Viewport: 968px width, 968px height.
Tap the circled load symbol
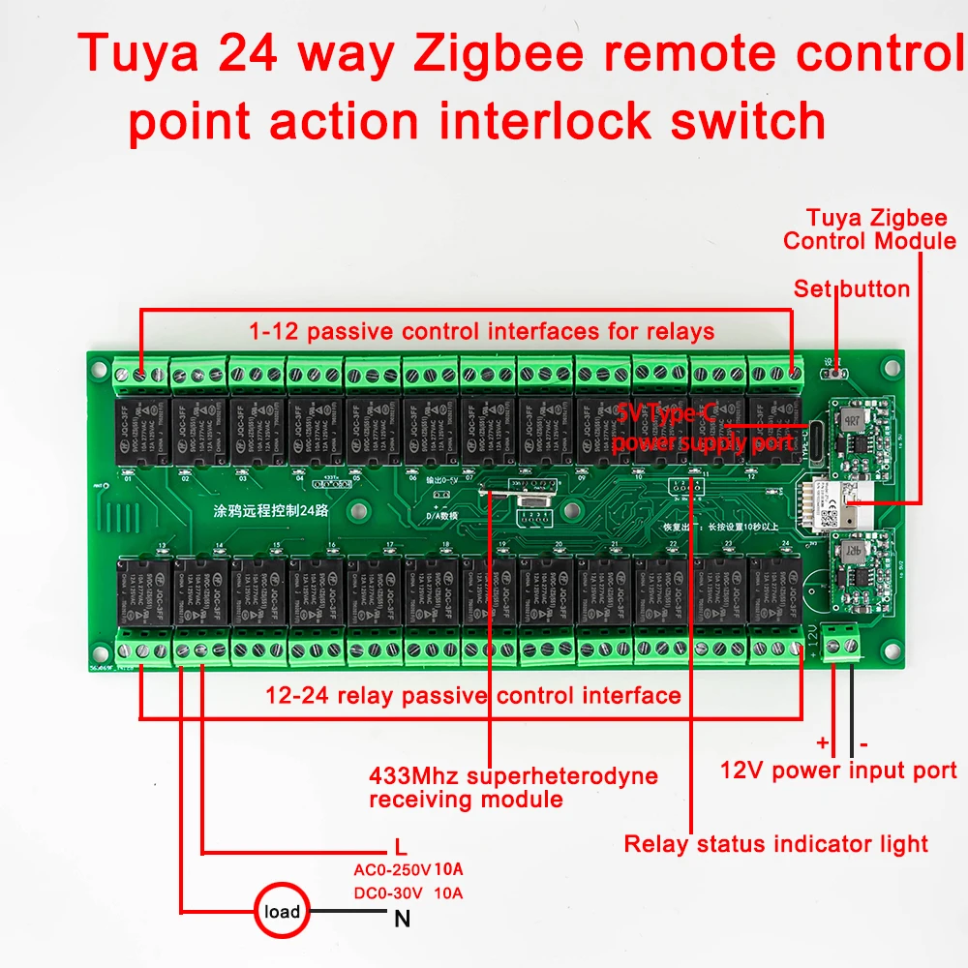(x=282, y=911)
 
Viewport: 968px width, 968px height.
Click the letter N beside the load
(x=402, y=919)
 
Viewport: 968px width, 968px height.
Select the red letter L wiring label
(x=401, y=844)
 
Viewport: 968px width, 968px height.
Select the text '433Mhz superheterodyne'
(x=513, y=775)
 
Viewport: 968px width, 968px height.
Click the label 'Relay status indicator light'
(x=775, y=844)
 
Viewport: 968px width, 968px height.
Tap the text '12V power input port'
(x=838, y=771)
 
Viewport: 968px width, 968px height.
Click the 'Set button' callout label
(x=851, y=288)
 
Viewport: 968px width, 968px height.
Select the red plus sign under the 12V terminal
(x=823, y=742)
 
